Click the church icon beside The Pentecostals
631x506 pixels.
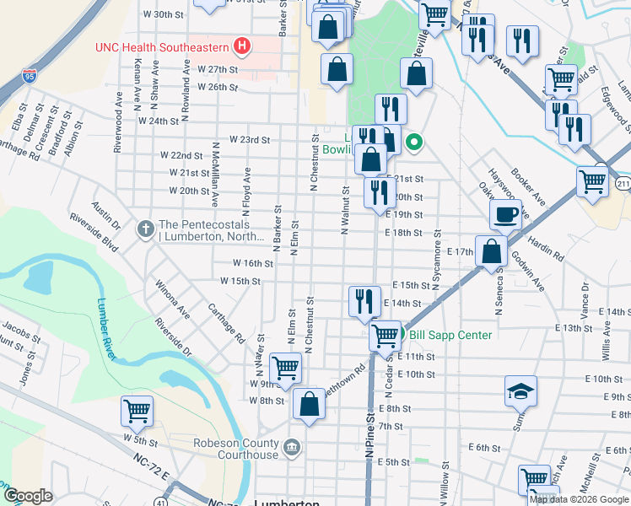coord(146,227)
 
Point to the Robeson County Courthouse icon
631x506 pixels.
coord(291,445)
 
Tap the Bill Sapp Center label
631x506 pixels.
coord(450,335)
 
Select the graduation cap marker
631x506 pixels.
coord(520,390)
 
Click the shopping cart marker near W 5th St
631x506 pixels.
coord(137,411)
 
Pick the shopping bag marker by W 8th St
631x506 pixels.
coord(310,404)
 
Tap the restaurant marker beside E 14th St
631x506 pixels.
coord(364,300)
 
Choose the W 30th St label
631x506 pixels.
coord(164,14)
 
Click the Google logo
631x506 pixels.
coord(28,496)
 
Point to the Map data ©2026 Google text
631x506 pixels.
coord(578,499)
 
